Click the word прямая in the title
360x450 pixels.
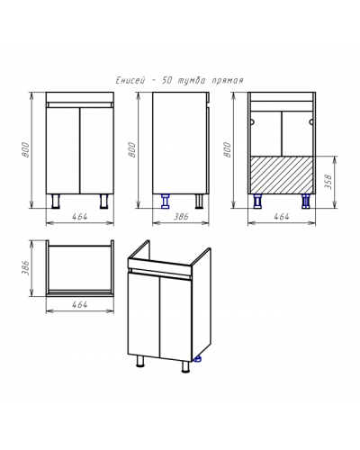click(x=228, y=81)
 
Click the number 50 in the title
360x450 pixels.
click(x=166, y=81)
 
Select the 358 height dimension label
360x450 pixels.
click(x=328, y=181)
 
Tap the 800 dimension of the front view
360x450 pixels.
click(x=26, y=149)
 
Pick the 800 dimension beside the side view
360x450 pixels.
click(x=132, y=149)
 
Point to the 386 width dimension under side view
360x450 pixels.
click(x=181, y=216)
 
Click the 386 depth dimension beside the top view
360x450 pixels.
click(x=26, y=268)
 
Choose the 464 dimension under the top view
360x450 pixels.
click(x=80, y=304)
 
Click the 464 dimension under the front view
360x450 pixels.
click(x=80, y=216)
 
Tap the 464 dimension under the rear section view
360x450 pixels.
click(x=282, y=216)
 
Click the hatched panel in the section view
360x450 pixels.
click(x=282, y=175)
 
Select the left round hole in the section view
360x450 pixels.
click(x=252, y=121)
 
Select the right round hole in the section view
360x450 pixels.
click(x=311, y=121)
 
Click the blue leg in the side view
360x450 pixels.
click(x=166, y=201)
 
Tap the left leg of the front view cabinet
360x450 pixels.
click(x=56, y=201)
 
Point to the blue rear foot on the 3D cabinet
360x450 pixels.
click(x=198, y=358)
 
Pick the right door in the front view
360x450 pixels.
click(x=96, y=150)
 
